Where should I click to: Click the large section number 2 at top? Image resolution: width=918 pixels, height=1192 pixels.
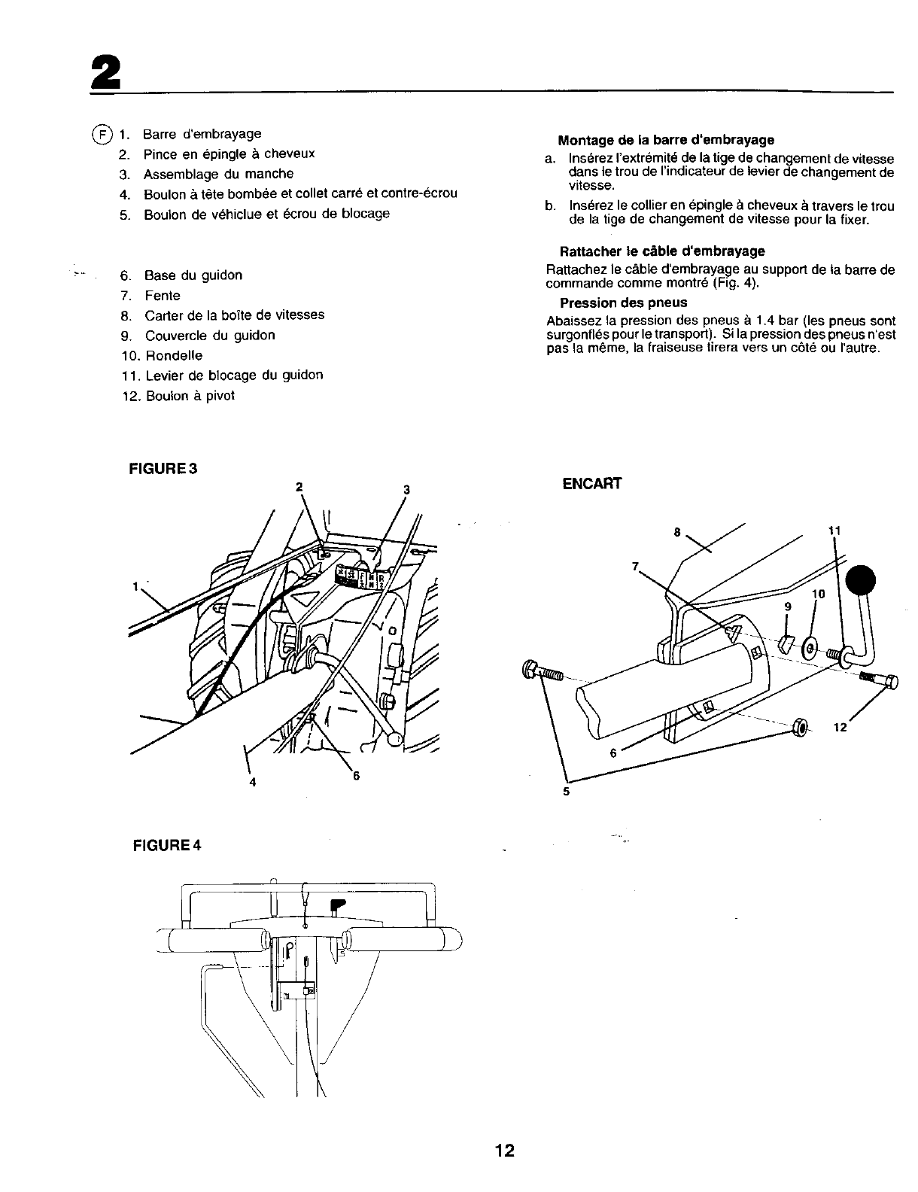(x=105, y=73)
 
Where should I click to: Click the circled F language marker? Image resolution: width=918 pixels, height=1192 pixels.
(x=101, y=135)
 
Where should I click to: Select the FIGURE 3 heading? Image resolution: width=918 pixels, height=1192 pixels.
(x=164, y=469)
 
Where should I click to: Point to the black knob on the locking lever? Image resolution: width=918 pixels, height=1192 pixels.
(x=862, y=582)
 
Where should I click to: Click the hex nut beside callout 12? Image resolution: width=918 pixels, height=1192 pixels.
(x=801, y=728)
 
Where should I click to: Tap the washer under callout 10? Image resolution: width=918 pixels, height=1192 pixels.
(x=810, y=646)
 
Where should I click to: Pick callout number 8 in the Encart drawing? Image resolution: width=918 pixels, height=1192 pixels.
(x=677, y=533)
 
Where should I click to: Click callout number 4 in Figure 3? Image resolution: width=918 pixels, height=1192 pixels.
(x=252, y=782)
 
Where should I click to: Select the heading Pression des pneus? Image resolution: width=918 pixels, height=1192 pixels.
(x=623, y=303)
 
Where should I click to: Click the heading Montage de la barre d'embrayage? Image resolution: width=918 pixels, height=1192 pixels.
(x=665, y=140)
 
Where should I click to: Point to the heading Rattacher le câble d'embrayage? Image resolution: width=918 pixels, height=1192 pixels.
(x=661, y=251)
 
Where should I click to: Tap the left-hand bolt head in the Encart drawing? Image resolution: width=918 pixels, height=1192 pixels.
(x=530, y=668)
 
